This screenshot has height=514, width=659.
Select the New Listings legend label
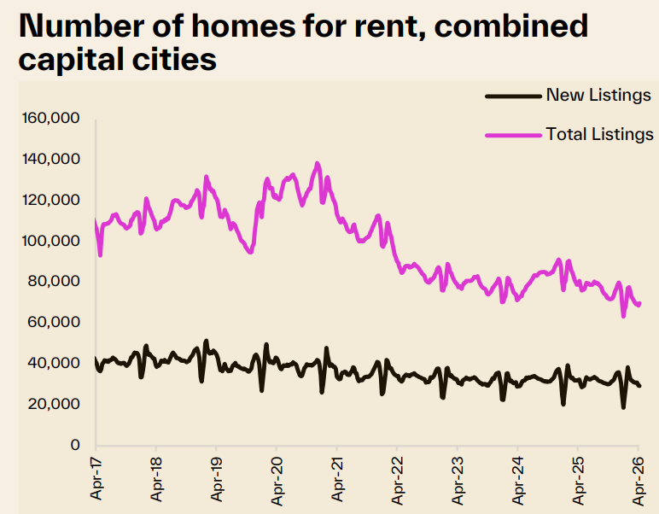(598, 95)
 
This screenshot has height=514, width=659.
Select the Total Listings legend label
(599, 134)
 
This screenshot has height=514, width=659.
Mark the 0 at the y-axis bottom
(75, 445)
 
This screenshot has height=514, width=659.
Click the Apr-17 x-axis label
(96, 479)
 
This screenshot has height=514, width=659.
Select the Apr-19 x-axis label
(216, 479)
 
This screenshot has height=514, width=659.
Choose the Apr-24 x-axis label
(517, 479)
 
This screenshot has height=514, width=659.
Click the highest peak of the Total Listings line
(318, 163)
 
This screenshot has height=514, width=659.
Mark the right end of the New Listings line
(640, 386)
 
